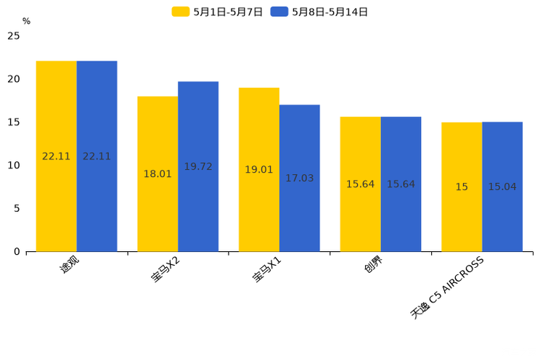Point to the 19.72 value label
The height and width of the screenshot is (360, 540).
pyautogui.click(x=198, y=166)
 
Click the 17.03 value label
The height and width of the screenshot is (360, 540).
pyautogui.click(x=300, y=178)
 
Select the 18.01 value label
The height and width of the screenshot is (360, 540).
pyautogui.click(x=157, y=173)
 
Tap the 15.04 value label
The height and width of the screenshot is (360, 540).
pyautogui.click(x=502, y=187)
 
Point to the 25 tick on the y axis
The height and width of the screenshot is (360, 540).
pyautogui.click(x=14, y=36)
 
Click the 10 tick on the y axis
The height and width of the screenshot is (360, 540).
pyautogui.click(x=14, y=165)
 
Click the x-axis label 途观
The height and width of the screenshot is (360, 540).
pyautogui.click(x=70, y=266)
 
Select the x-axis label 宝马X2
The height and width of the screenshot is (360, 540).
pyautogui.click(x=165, y=270)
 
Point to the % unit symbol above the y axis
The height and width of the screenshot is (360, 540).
pyautogui.click(x=26, y=21)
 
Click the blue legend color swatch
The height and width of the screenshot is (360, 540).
pyautogui.click(x=279, y=12)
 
